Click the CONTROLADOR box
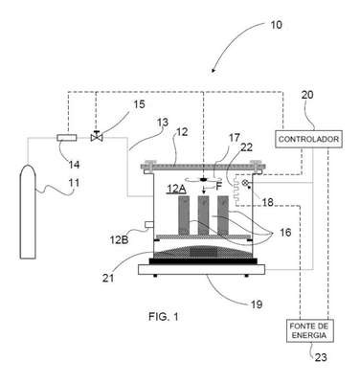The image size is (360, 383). point(308,139)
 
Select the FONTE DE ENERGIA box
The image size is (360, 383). point(310,330)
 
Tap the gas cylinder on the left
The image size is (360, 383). point(28,212)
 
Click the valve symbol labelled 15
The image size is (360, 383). point(97,137)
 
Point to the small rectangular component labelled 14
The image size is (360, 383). point(67,138)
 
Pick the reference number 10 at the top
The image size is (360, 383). point(276,25)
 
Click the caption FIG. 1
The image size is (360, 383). point(164,317)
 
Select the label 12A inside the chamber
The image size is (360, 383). point(176,190)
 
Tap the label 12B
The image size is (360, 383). point(120,239)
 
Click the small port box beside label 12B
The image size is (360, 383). point(149,225)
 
